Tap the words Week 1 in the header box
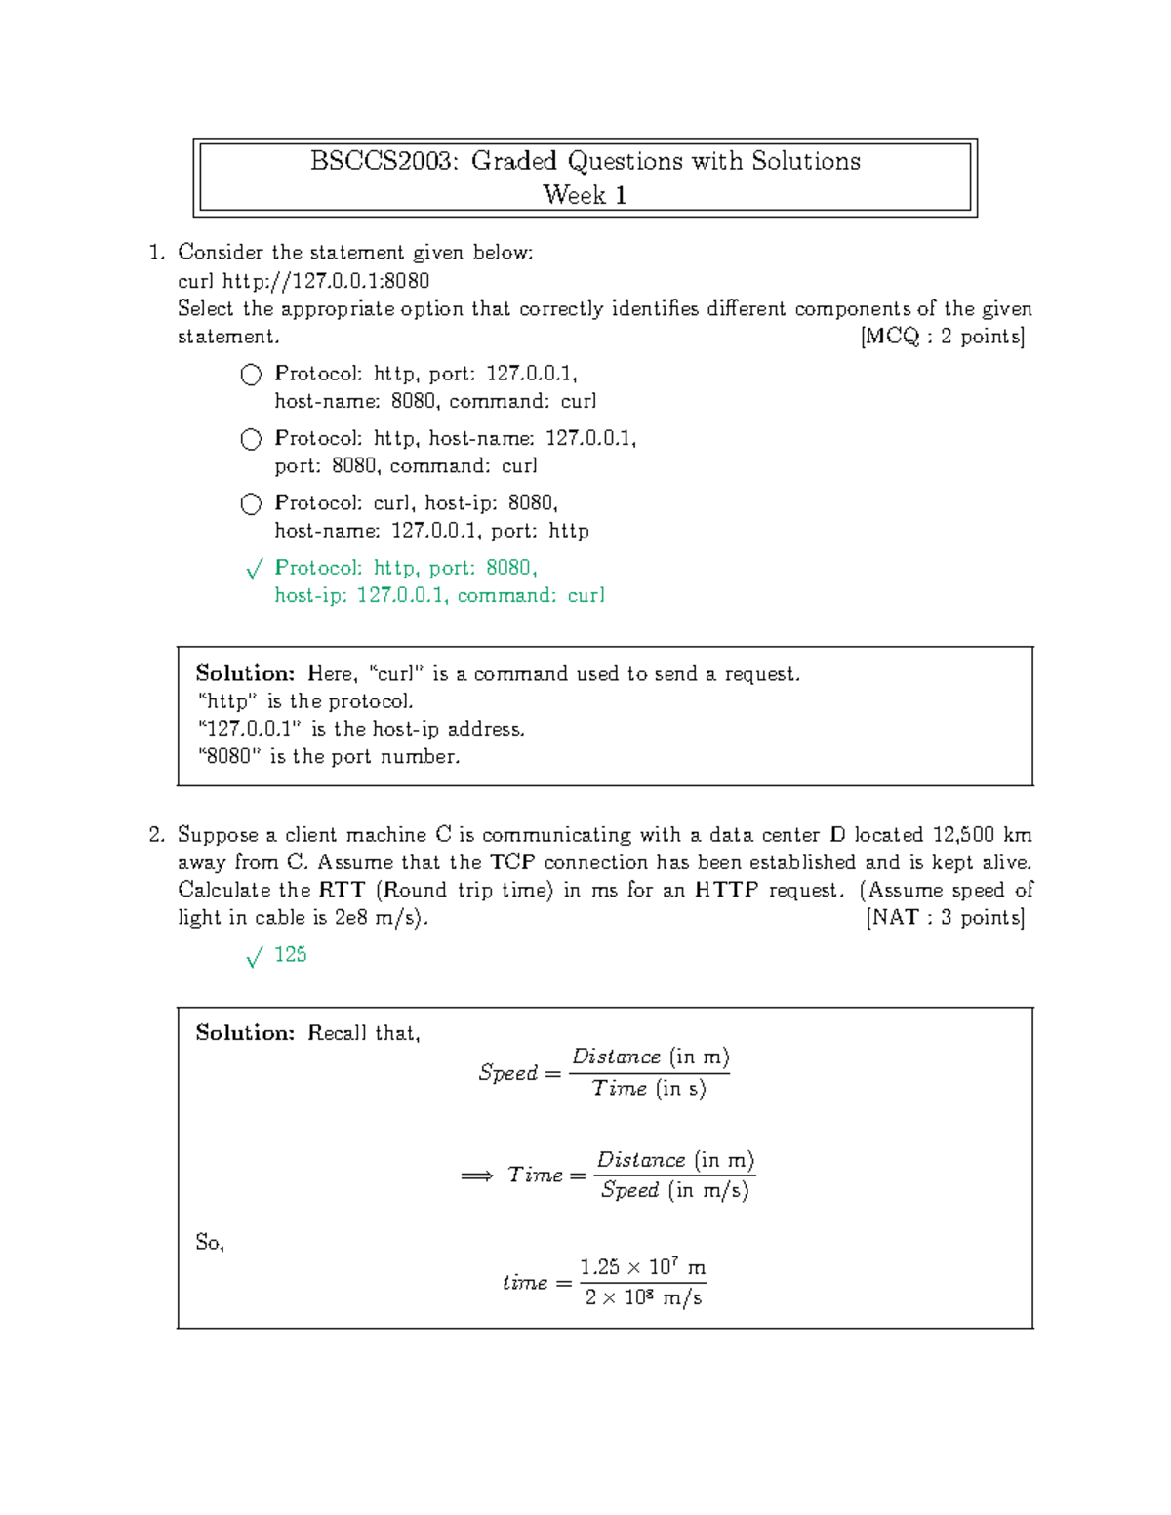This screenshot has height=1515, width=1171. pos(585,195)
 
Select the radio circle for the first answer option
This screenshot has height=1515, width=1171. pos(251,375)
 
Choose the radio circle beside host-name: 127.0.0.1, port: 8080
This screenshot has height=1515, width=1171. pos(251,439)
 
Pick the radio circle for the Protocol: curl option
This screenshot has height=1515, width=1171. pos(251,503)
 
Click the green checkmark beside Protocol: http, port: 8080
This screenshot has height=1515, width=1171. pos(254,570)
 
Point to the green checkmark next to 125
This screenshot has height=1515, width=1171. pos(254,958)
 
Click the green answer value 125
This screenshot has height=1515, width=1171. pos(291,955)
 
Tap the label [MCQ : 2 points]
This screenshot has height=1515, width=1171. pos(942,338)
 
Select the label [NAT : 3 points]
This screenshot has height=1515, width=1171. pos(945,918)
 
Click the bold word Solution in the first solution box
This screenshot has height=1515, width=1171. pos(245,673)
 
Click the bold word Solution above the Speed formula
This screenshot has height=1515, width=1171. pos(245,1033)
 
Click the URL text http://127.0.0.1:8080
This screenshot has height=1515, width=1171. pos(326,282)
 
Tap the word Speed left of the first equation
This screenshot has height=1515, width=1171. pos(508,1073)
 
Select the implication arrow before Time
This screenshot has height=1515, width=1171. pos(476,1176)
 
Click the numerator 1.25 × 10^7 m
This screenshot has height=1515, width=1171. pos(642,1267)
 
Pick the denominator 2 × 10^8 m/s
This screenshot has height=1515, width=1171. pos(643,1298)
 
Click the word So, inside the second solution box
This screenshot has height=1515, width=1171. pos(210,1243)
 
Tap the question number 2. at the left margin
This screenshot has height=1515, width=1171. pos(157,835)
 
